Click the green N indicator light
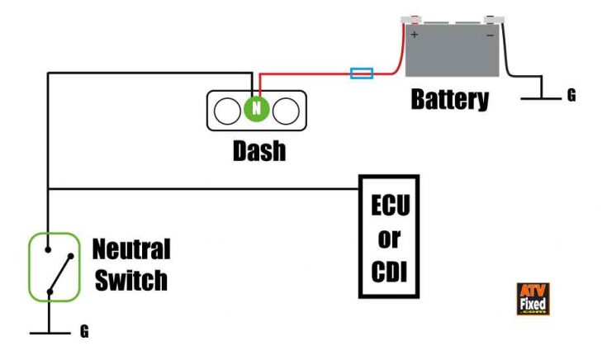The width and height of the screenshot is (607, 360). (255, 109)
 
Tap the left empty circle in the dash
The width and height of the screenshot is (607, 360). (226, 110)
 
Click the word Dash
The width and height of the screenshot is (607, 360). (258, 151)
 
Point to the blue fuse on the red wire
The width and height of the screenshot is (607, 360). (362, 73)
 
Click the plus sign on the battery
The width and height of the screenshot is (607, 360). (414, 36)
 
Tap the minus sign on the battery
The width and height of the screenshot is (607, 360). (490, 36)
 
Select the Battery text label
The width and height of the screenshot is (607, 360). (449, 100)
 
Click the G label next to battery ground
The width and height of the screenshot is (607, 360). (571, 96)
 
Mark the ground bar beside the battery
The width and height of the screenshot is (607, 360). (541, 97)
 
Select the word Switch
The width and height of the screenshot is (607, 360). (130, 280)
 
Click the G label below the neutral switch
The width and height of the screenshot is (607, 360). (83, 333)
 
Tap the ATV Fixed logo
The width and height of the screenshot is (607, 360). (533, 299)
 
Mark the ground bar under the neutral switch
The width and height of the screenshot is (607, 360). (50, 333)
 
